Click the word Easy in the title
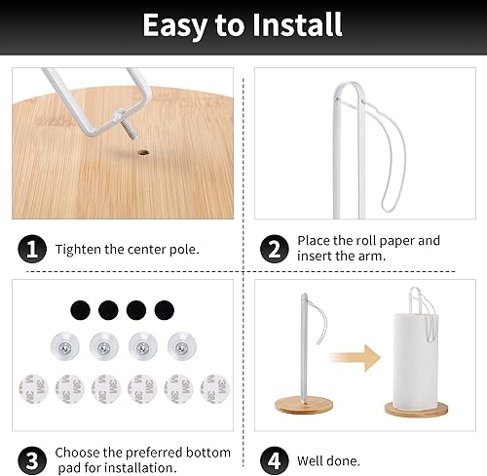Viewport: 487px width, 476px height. coord(178,26)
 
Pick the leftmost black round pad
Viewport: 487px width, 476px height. coord(79,310)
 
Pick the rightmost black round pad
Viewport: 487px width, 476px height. coord(163,310)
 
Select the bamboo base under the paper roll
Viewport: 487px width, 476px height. coord(418,408)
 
